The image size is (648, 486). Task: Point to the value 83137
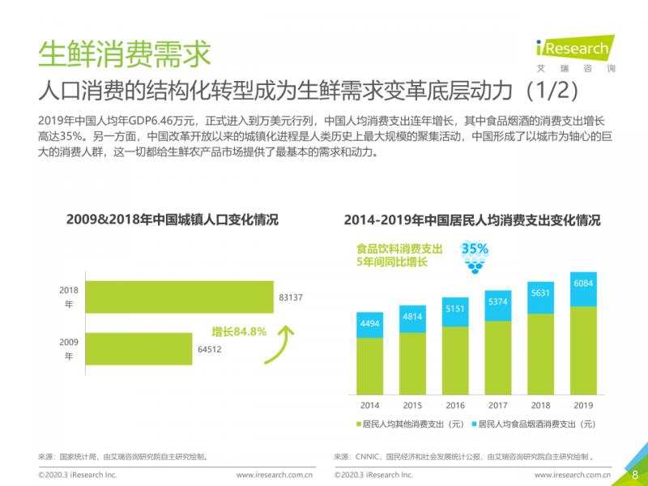[x=291, y=298]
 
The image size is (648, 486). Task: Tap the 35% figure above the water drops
[x=475, y=249]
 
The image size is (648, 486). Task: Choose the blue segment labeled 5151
[x=455, y=312]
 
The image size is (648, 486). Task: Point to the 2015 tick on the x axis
[x=412, y=405]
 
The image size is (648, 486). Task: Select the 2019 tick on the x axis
[x=583, y=405]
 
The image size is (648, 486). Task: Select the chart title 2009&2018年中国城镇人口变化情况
[x=172, y=220]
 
